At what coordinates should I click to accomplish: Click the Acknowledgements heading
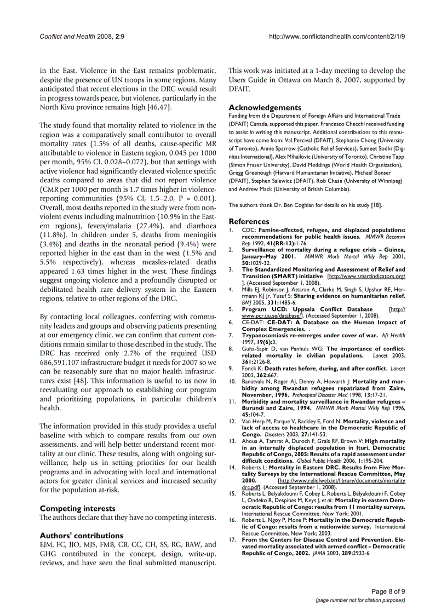265,108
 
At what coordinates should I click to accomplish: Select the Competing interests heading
77,508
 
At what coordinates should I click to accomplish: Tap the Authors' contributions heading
82,534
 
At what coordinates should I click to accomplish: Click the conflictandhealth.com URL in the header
337,37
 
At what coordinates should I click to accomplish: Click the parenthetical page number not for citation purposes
360,600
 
